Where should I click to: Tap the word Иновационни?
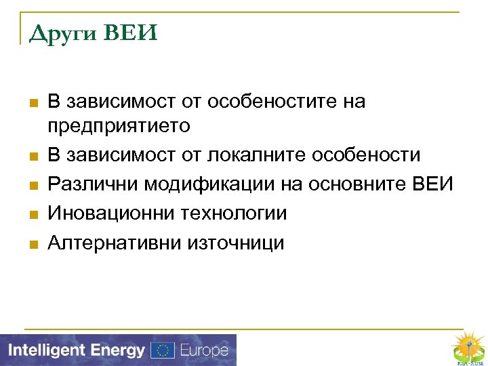(x=112, y=213)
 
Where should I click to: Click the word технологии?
(x=235, y=213)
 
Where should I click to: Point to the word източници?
(x=238, y=243)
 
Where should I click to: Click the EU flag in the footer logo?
(x=163, y=350)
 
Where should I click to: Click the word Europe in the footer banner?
(x=203, y=350)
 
